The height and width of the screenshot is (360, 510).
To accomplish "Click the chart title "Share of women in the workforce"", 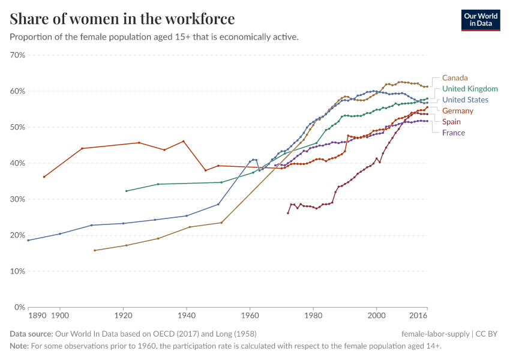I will [x=122, y=19].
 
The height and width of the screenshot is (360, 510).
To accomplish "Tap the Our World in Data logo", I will [x=480, y=20].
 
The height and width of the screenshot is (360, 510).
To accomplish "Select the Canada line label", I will [x=455, y=77].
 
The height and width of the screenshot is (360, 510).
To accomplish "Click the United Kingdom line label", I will [x=470, y=89].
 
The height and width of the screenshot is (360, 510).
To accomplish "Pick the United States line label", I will [x=465, y=100].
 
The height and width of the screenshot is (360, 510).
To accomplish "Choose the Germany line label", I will [x=458, y=110].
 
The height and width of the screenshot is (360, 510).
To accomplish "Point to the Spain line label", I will [x=451, y=122].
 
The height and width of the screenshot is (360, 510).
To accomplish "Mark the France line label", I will [x=454, y=133].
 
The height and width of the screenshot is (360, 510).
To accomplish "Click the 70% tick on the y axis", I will [x=17, y=55].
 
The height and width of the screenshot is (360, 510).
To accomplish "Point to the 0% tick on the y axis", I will [x=20, y=307].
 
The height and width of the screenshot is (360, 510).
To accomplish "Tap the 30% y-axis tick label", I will [x=17, y=199].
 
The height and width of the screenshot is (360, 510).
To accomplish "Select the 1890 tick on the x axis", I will [x=37, y=315].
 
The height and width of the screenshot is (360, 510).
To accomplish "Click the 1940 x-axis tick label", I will [x=187, y=315].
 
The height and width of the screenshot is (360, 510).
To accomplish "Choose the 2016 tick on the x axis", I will [x=418, y=315].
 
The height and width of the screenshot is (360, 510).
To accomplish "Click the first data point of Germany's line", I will [x=44, y=177].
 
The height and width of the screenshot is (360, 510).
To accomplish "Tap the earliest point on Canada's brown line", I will [x=95, y=250].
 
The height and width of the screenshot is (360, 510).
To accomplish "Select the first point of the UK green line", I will [x=126, y=191].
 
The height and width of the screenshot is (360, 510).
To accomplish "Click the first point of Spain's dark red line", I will [x=288, y=213].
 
